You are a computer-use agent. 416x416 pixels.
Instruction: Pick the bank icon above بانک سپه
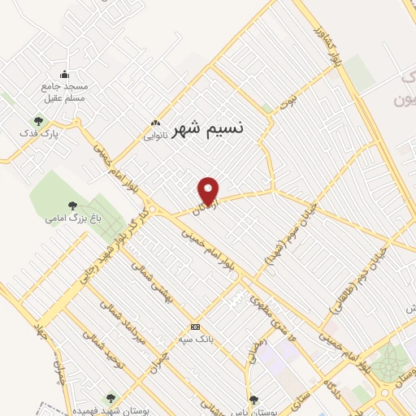pyautogui.click(x=196, y=326)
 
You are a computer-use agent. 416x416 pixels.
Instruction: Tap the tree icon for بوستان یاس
pyautogui.click(x=255, y=399)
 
